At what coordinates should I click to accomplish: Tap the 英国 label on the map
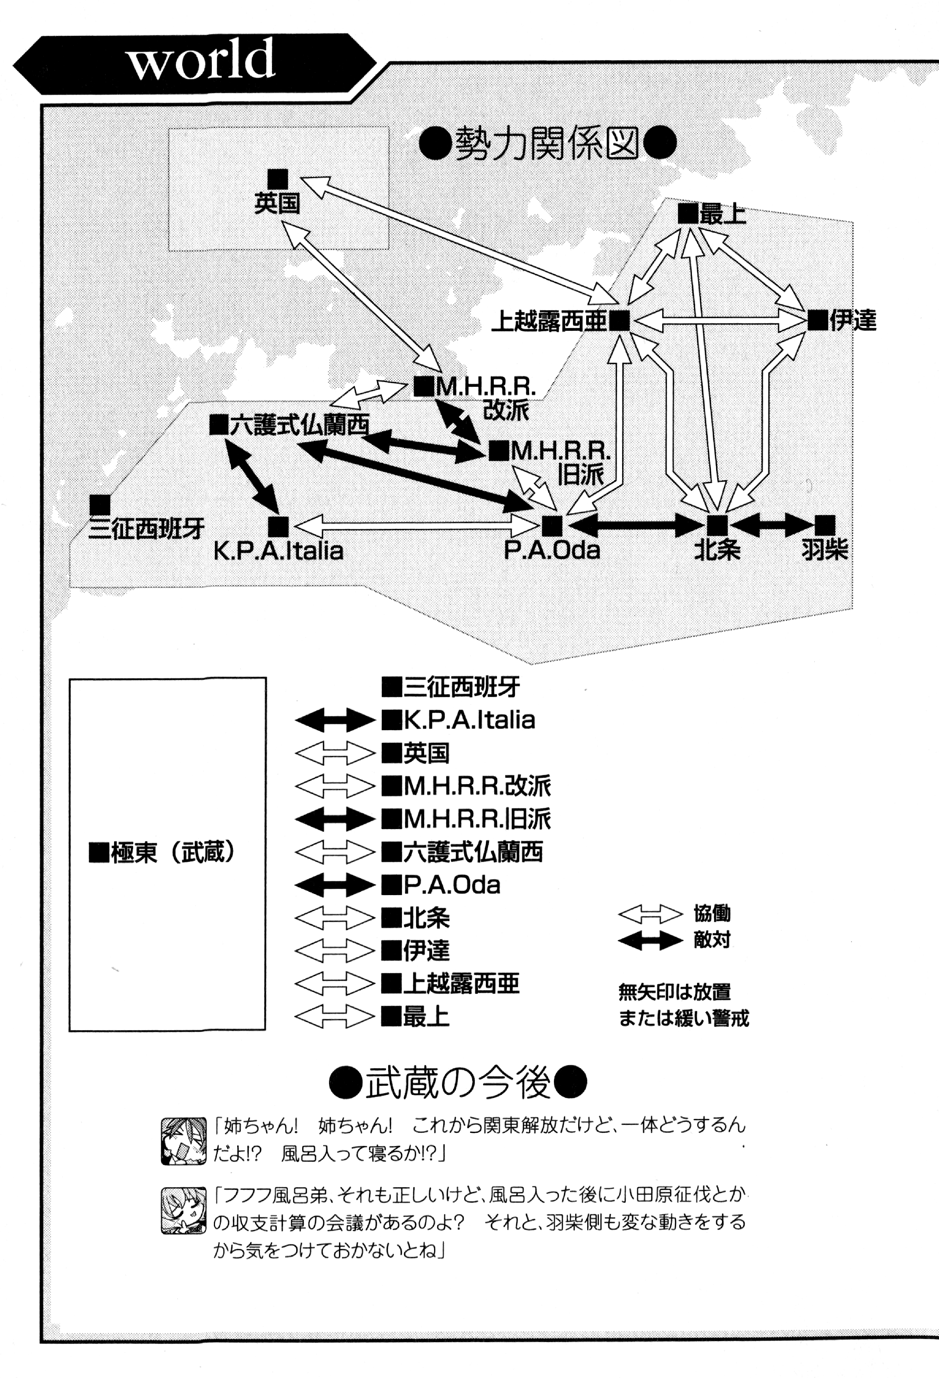pos(277,203)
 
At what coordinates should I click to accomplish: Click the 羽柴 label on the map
pos(824,550)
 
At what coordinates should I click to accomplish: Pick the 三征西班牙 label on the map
pos(146,528)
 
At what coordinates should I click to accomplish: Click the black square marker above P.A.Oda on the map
pos(552,525)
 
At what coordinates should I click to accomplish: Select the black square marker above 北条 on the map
pos(717,525)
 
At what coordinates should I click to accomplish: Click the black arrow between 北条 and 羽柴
pos(771,525)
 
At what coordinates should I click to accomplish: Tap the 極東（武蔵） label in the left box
pos(161,853)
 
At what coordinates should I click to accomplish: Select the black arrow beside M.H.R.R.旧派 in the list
pos(335,820)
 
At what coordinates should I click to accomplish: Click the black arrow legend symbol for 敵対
pos(650,941)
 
